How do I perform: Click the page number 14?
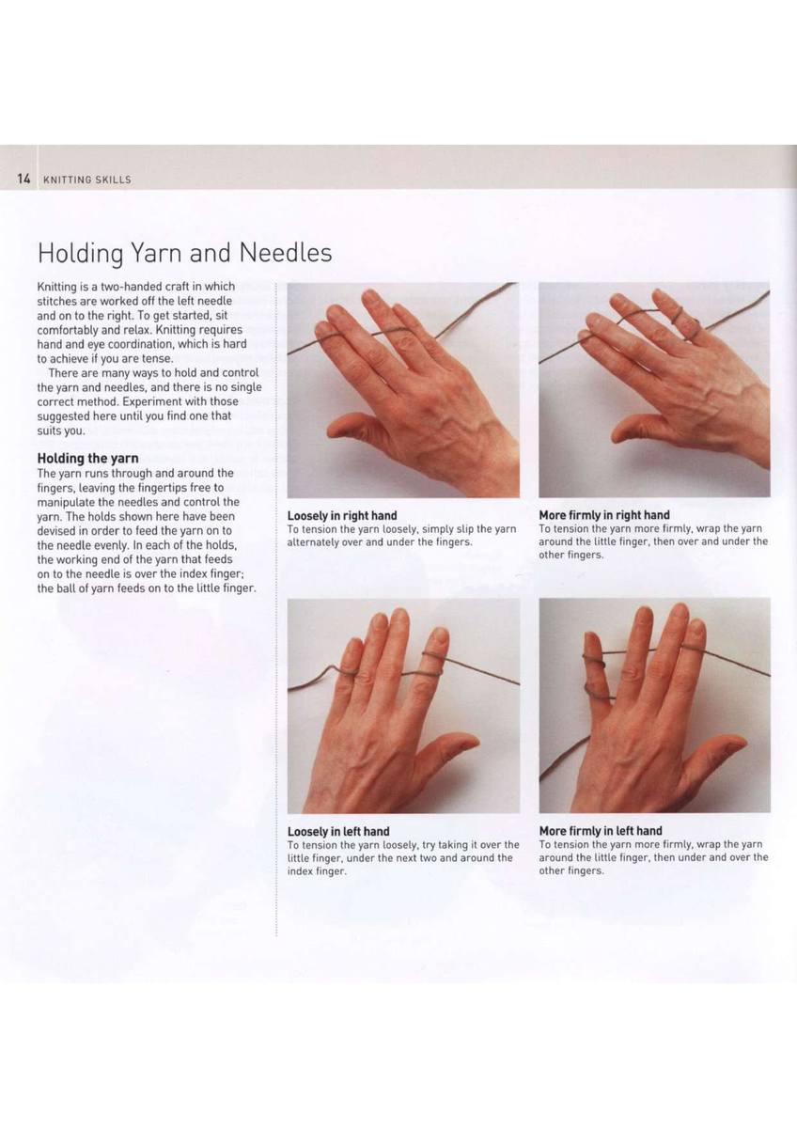(24, 179)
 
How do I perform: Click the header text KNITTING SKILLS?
(87, 180)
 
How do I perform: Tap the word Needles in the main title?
(285, 253)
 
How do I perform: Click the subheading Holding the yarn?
(87, 459)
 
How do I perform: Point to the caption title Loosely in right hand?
(342, 516)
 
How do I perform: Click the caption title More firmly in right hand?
(604, 515)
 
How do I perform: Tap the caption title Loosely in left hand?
(338, 831)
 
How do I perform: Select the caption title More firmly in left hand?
(601, 831)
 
